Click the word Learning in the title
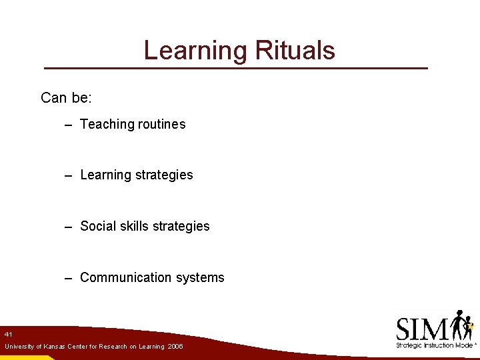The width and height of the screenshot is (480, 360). pos(194,51)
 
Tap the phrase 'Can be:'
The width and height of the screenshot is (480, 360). pos(66,98)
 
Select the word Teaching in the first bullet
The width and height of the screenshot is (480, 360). pos(107,125)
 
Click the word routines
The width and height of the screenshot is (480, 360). pos(162,124)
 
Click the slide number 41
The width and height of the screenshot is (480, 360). pos(8,334)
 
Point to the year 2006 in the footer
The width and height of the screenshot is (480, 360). pos(175,347)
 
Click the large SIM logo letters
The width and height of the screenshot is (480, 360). pos(422,329)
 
